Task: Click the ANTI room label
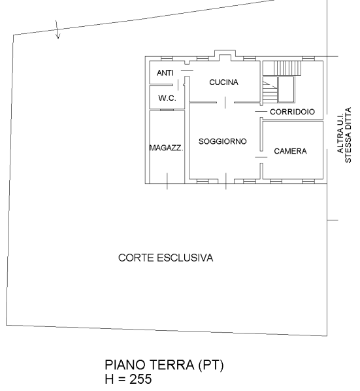point(165,73)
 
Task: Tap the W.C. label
point(167,98)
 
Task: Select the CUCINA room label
point(223,82)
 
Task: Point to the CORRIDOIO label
point(292,112)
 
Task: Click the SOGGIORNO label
point(223,141)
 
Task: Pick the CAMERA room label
point(290,151)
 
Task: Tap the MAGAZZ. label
point(166,148)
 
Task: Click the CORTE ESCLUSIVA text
point(166,258)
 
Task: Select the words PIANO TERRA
point(150,365)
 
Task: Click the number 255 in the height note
point(140,379)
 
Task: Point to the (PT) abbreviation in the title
point(211,365)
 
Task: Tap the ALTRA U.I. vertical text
point(340,133)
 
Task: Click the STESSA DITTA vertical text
point(348,135)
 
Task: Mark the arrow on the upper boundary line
point(57,29)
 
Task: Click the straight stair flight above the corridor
point(287,68)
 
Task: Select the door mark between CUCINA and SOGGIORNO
point(225,103)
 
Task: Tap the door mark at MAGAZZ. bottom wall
point(167,181)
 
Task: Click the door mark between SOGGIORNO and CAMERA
point(261,157)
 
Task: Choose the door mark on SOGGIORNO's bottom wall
point(225,181)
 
